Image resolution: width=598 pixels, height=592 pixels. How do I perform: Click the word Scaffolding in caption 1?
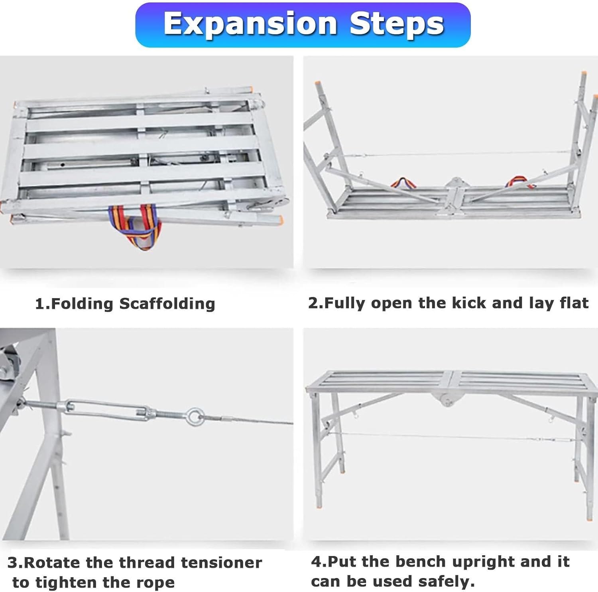point(167,304)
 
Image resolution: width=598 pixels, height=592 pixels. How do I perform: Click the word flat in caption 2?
point(574,303)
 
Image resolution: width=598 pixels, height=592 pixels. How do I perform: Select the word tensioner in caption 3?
point(222,562)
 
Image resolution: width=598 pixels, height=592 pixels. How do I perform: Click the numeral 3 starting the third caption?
point(12,562)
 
